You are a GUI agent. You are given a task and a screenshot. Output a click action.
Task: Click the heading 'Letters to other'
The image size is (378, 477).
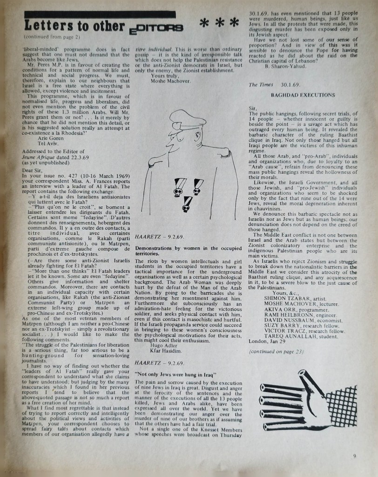(74, 26)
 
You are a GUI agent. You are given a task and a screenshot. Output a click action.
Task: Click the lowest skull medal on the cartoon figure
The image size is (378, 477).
(188, 204)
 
